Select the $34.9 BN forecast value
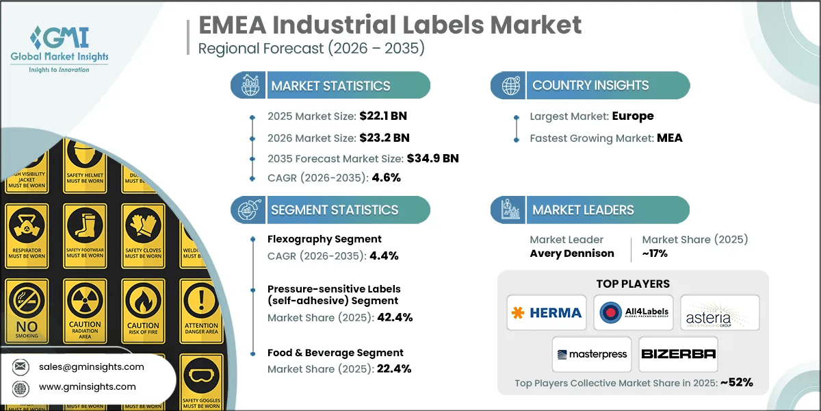432,158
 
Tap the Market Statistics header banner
330,86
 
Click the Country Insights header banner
590,86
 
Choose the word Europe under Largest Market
633,116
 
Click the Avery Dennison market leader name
571,253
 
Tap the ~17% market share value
655,253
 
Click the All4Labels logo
633,313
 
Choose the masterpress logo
592,354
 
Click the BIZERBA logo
678,354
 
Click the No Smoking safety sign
27,312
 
